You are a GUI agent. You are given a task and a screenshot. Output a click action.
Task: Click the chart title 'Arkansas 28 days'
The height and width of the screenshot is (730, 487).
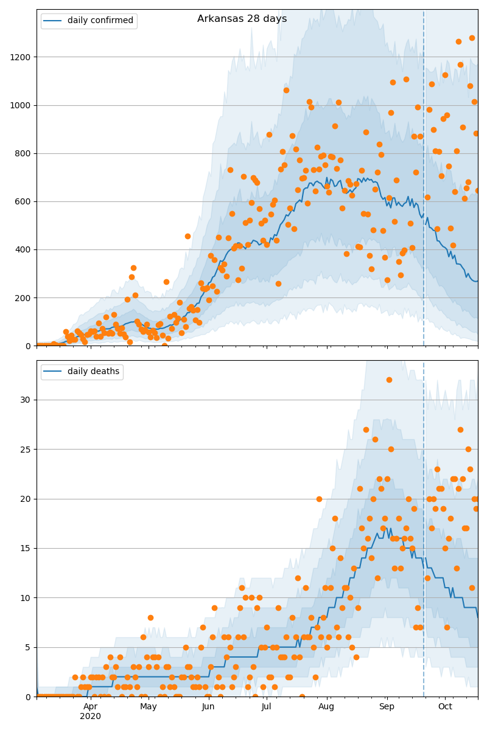click(242, 19)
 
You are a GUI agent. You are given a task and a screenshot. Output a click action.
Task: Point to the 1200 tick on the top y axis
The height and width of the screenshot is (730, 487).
click(23, 57)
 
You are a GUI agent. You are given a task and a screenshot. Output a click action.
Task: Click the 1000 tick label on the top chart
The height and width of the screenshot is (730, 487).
click(23, 105)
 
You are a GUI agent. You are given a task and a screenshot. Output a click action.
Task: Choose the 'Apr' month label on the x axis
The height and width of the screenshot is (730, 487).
click(90, 707)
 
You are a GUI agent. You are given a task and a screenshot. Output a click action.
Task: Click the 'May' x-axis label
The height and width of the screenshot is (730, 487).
click(149, 707)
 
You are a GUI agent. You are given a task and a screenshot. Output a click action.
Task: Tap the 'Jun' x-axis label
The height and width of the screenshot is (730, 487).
click(208, 707)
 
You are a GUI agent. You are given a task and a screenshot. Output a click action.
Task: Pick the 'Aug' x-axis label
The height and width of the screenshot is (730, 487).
click(326, 707)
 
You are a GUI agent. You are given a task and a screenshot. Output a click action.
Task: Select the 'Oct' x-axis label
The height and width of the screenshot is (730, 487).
click(445, 707)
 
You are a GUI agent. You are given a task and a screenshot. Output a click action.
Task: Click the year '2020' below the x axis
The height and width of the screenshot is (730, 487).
click(90, 717)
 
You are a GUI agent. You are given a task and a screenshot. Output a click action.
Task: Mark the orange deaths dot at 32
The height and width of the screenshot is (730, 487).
click(389, 380)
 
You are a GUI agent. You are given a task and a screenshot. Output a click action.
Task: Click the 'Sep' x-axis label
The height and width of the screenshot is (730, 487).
click(387, 707)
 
